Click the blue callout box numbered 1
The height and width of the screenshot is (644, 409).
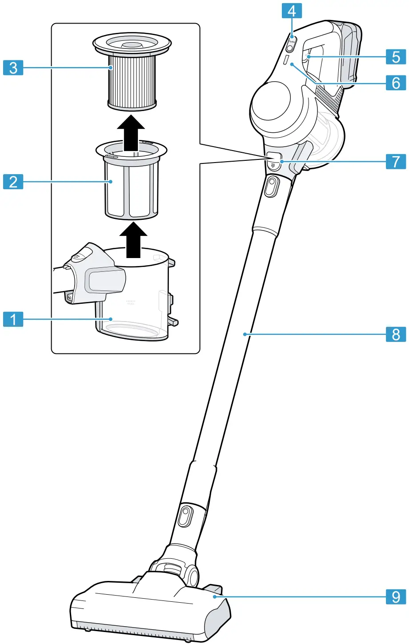(x=13, y=319)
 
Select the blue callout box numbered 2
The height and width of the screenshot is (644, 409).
(x=13, y=182)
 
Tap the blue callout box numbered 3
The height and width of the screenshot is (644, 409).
(x=13, y=68)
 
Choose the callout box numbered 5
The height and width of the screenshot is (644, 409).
(x=396, y=57)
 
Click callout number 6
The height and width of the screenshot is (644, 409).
(x=396, y=83)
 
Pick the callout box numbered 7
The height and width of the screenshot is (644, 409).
(x=396, y=161)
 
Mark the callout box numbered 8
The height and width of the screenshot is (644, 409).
(x=396, y=334)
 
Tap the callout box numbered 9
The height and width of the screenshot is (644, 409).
(x=396, y=597)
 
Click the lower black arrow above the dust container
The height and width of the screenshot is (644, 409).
(x=132, y=240)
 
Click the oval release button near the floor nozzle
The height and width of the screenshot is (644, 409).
(x=186, y=517)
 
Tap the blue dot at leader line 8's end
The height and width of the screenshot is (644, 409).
(x=245, y=334)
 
